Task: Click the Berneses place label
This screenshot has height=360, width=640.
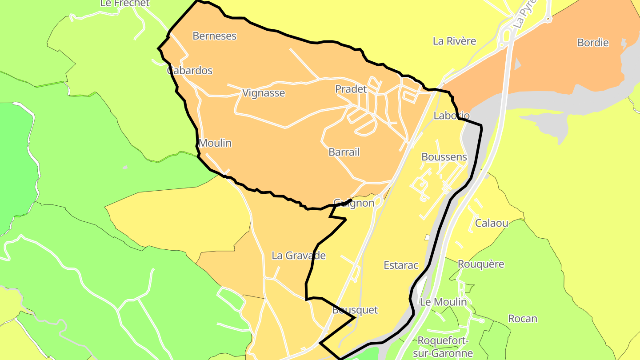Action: coord(214,36)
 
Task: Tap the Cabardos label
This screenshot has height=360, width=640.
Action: coord(190,71)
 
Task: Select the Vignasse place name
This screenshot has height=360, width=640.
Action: coord(264,93)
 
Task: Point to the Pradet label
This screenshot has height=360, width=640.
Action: coord(351,89)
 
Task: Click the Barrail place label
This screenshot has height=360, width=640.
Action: coord(344,152)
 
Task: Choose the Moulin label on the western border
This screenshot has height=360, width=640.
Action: coord(215,143)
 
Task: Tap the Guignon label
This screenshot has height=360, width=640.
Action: coord(354,203)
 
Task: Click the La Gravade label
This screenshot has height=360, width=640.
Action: coord(299,256)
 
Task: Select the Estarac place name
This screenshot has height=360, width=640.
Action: coord(401,265)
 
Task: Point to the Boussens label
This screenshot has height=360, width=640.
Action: coord(444,157)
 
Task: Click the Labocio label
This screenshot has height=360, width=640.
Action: coord(452,116)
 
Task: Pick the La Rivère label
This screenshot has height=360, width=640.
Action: coord(454,41)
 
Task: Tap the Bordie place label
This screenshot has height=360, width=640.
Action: coord(593,43)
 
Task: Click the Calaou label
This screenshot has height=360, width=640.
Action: coord(492,223)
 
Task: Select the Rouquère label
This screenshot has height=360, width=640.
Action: coord(481,264)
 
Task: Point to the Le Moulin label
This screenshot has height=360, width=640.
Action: coord(444,302)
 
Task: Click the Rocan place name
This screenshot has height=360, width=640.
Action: coord(523,319)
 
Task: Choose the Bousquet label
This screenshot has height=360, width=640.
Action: coord(355,310)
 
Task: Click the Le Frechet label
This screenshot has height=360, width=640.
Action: coord(125,3)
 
